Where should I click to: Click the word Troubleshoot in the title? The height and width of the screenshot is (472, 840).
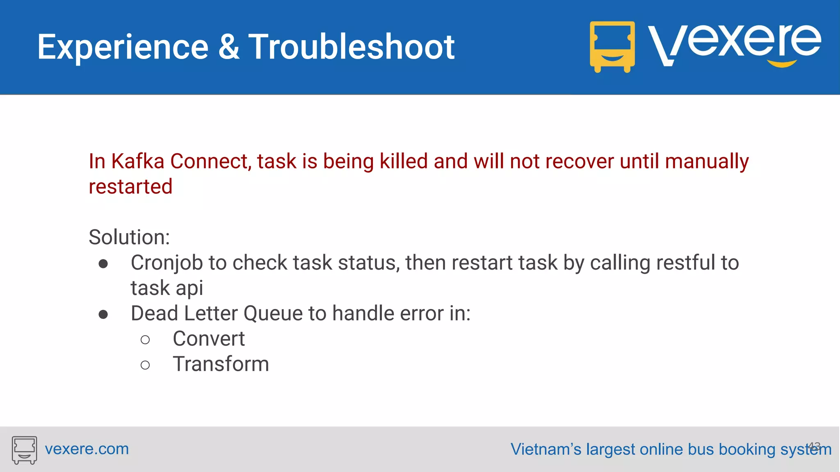352,47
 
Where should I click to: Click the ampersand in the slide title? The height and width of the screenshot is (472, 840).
228,47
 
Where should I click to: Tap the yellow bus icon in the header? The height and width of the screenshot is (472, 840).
612,46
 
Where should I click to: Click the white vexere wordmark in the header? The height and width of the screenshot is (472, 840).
734,43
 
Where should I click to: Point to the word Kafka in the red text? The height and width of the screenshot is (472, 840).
138,161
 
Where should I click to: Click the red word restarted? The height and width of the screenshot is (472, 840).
130,186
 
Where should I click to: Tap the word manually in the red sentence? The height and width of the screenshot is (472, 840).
706,161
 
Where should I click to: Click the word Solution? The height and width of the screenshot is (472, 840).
129,237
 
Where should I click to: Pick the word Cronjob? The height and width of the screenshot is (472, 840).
167,263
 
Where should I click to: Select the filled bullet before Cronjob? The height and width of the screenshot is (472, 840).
103,264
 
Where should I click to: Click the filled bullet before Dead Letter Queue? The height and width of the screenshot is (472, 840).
103,315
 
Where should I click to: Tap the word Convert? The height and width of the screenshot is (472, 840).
208,339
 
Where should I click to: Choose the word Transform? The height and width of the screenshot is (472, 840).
221,364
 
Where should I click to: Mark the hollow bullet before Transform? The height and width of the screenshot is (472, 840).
145,365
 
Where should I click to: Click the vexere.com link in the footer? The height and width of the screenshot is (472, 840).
87,449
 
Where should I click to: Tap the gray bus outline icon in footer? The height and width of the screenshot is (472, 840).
24,450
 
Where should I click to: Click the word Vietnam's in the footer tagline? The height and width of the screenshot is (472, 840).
546,449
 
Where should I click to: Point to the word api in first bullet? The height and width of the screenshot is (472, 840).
189,288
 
